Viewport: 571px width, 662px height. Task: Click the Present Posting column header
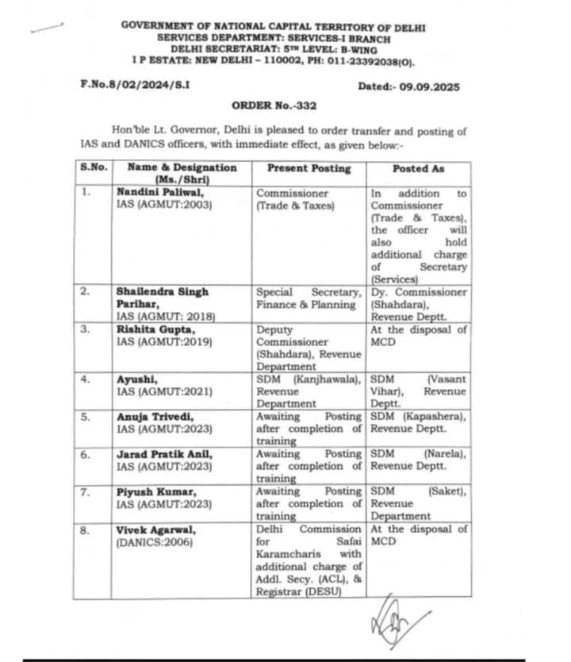308,168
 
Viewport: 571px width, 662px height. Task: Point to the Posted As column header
419,168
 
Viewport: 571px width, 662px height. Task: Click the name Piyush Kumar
148,492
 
